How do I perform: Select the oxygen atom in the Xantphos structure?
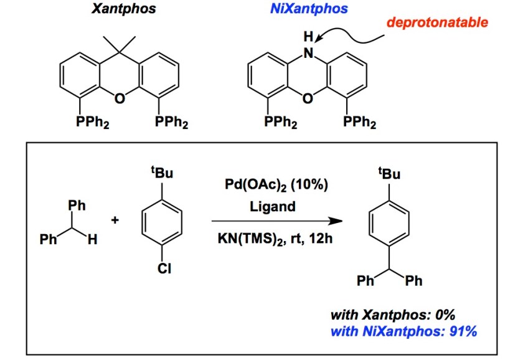[120, 97]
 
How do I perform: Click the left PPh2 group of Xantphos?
[92, 123]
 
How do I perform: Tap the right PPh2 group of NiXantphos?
[359, 123]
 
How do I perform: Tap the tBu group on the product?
[390, 174]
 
